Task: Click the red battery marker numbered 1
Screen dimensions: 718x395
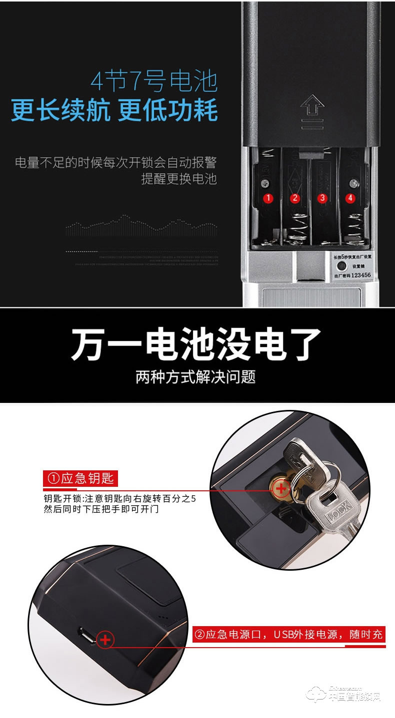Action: pyautogui.click(x=268, y=198)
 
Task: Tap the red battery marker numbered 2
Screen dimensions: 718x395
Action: pyautogui.click(x=295, y=198)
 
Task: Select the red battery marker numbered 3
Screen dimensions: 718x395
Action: pyautogui.click(x=322, y=198)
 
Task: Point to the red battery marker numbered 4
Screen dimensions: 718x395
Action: pyautogui.click(x=350, y=198)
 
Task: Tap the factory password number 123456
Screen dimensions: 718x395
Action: pyautogui.click(x=361, y=275)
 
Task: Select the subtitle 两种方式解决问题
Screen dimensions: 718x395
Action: pyautogui.click(x=196, y=376)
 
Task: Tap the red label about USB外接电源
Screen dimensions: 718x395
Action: pyautogui.click(x=289, y=635)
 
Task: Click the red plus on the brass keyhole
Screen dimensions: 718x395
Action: pyautogui.click(x=281, y=488)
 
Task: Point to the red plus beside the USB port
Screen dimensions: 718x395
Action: pyautogui.click(x=105, y=640)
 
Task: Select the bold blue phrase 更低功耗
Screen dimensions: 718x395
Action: pyautogui.click(x=168, y=110)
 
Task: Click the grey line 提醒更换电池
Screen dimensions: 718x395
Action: pyautogui.click(x=178, y=179)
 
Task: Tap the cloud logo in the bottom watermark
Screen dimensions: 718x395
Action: pyautogui.click(x=317, y=695)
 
